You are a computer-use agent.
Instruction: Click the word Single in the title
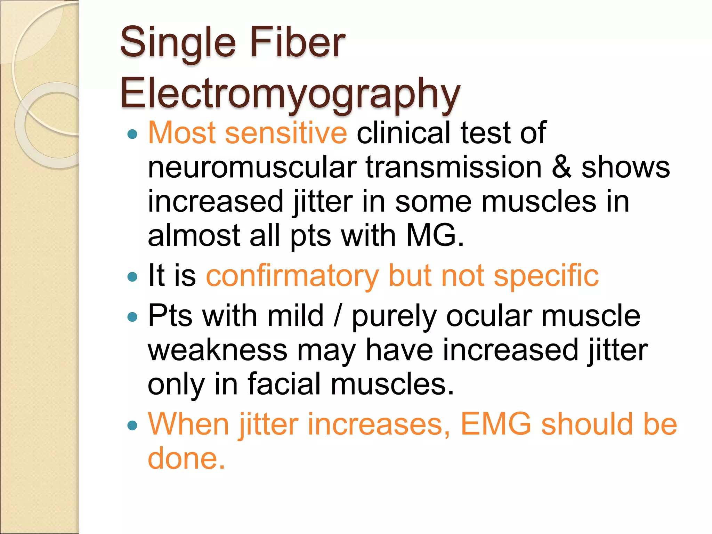(178, 43)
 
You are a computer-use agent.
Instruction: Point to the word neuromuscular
(252, 167)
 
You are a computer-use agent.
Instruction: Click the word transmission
(454, 167)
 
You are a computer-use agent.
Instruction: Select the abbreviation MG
(435, 235)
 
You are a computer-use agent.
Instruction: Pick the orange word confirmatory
(292, 275)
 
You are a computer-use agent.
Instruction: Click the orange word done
(186, 458)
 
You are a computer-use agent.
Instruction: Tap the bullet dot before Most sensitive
(132, 134)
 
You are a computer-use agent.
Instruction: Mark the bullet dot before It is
(132, 277)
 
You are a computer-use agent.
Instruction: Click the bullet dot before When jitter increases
(132, 425)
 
